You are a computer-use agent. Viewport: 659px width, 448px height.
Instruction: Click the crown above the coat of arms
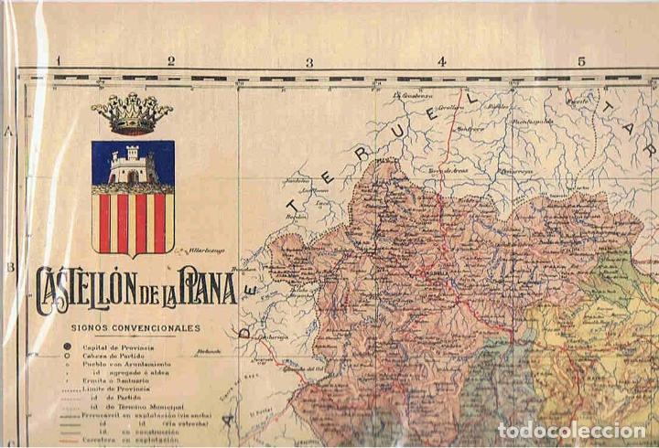click(x=132, y=113)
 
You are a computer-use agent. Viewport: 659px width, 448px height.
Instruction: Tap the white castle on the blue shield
click(x=129, y=166)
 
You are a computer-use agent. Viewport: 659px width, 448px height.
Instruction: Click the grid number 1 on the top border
click(x=58, y=62)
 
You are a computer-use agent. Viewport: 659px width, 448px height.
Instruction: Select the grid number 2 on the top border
click(x=170, y=62)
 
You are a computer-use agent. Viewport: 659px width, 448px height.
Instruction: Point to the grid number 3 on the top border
click(x=309, y=62)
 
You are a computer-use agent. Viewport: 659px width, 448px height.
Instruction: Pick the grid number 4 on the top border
click(x=442, y=62)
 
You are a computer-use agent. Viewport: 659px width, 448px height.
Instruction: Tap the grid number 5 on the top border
click(x=580, y=62)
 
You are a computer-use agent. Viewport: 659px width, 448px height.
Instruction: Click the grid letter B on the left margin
click(x=9, y=267)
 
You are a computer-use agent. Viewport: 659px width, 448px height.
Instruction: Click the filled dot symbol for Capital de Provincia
click(x=67, y=346)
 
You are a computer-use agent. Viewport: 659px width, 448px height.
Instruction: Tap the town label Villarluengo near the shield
click(x=208, y=248)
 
